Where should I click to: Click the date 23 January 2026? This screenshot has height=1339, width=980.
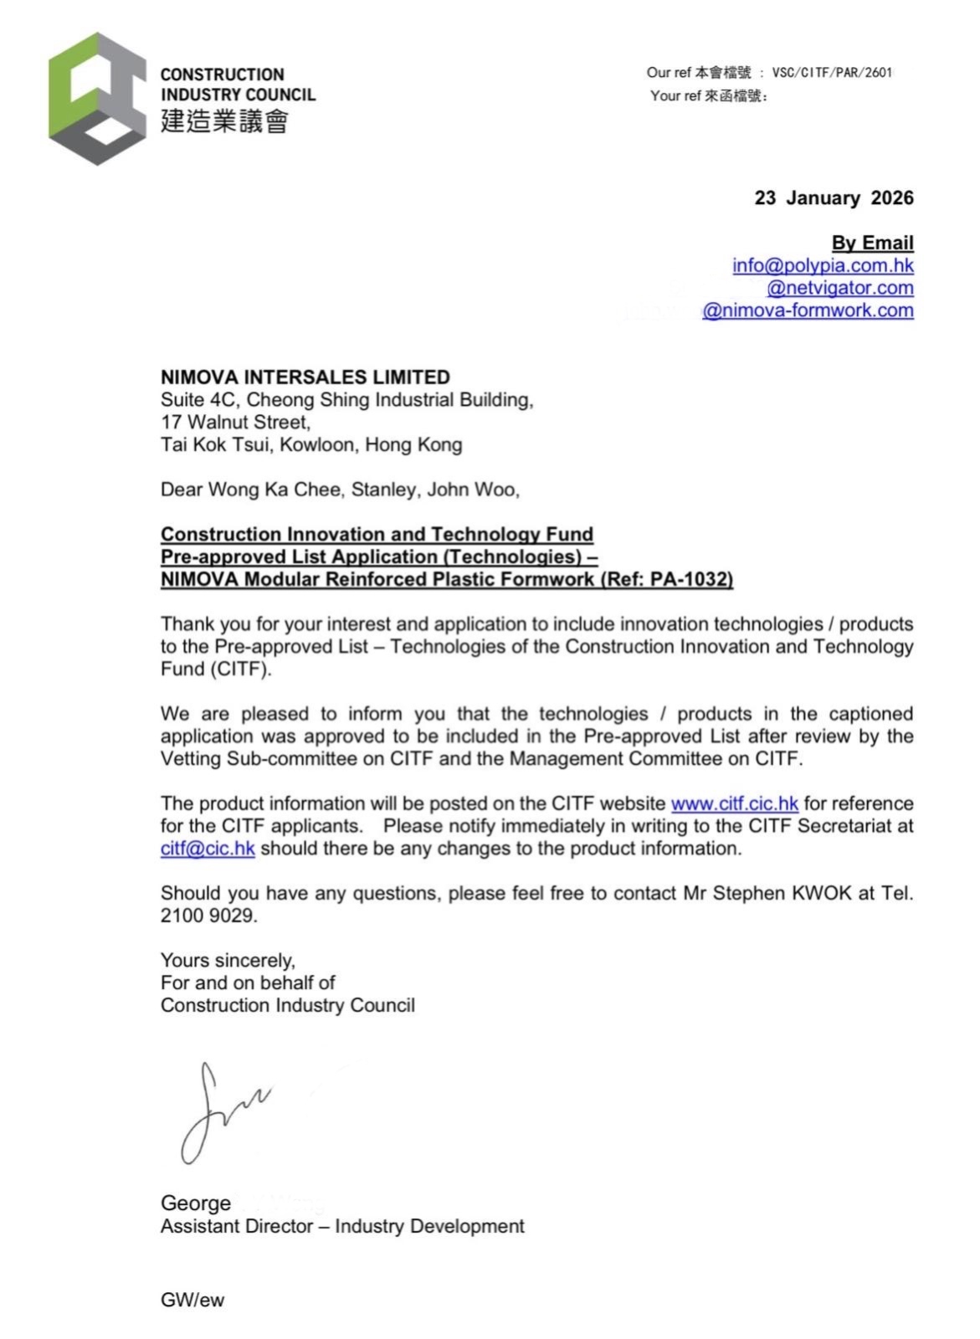[834, 198]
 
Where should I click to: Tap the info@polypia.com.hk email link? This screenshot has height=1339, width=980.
[823, 265]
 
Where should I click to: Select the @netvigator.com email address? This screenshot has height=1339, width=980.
[839, 288]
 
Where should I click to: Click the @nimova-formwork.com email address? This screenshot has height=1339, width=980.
[808, 310]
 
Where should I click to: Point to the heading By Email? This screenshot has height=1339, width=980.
[872, 243]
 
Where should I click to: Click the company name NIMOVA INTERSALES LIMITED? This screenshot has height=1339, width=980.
[305, 377]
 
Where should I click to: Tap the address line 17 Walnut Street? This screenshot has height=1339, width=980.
[235, 422]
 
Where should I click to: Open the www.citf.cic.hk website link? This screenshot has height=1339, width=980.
[734, 803]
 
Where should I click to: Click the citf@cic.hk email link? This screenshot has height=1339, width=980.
[208, 849]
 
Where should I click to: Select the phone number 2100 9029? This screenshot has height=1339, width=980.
[207, 916]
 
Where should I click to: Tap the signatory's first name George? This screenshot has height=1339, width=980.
[196, 1203]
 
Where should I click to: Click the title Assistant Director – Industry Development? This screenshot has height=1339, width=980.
[342, 1226]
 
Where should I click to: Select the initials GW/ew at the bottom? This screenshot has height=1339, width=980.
[192, 1300]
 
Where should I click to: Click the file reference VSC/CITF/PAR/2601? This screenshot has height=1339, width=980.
[832, 73]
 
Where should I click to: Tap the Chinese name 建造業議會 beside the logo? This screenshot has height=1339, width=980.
[224, 121]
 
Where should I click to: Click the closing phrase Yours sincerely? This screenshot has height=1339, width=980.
[228, 960]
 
